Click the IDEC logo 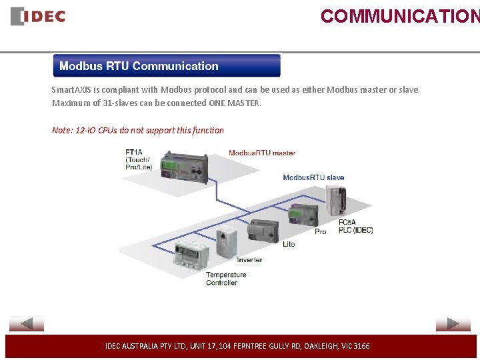click(38, 16)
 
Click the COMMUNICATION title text click(399, 16)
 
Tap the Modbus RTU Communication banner click(167, 66)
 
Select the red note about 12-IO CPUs click(138, 130)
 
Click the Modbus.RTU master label click(262, 153)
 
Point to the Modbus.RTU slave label click(313, 177)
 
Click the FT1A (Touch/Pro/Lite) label click(139, 159)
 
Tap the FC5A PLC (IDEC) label click(355, 226)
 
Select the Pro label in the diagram click(321, 231)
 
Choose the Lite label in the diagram click(289, 244)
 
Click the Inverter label click(250, 259)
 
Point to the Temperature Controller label click(226, 279)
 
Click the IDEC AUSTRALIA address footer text click(237, 346)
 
